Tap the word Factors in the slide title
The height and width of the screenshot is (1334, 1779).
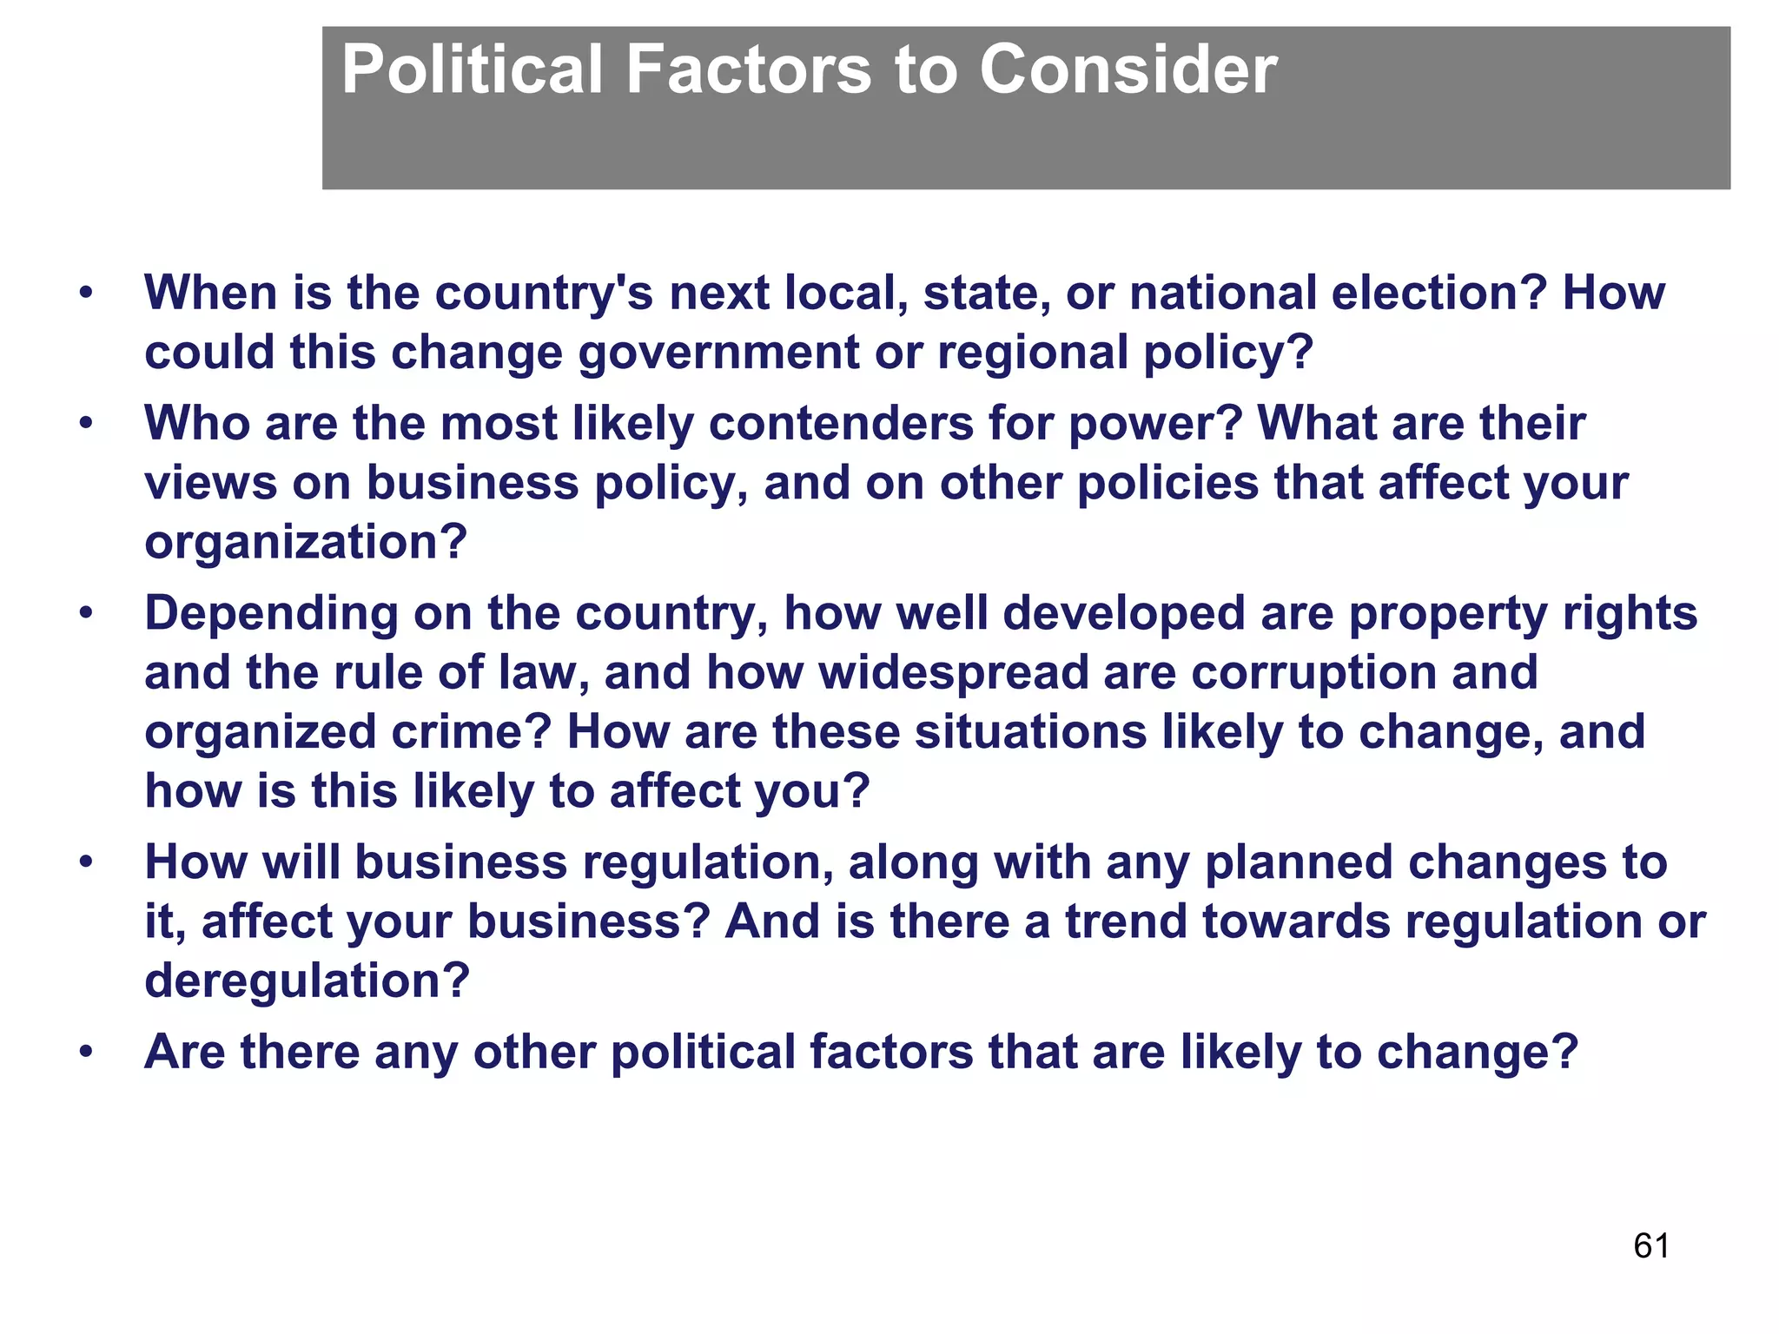[x=748, y=69]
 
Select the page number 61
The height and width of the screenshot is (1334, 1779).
[x=1650, y=1246]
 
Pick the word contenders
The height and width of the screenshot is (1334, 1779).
[x=840, y=424]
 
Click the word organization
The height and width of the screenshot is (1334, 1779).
[x=305, y=543]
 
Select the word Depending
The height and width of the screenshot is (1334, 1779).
[x=270, y=614]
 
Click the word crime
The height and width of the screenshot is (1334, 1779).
[x=470, y=732]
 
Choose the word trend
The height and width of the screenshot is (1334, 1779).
[x=1126, y=921]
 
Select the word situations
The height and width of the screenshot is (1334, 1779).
[x=1030, y=732]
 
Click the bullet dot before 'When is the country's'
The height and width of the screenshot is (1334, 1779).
[x=85, y=294]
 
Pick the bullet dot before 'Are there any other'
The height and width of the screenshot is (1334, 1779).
[x=85, y=1053]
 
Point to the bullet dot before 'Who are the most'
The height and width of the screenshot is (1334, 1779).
[x=85, y=425]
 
